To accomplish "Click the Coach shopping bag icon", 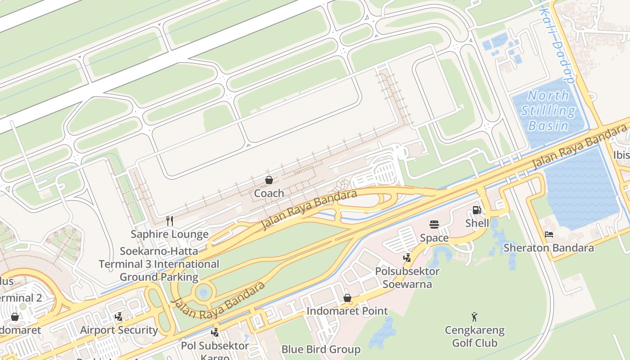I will pos(269,180).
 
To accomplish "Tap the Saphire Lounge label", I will pos(170,234).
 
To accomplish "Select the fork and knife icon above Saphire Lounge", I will pos(170,220).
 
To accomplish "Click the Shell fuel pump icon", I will pos(477,210).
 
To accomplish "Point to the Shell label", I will pos(477,223).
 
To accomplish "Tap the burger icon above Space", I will pos(434,225).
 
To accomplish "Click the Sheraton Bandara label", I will pos(549,247).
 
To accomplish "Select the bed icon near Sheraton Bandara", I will pos(549,234).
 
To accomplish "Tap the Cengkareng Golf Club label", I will pos(475,337).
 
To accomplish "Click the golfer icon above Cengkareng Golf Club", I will pos(474,317).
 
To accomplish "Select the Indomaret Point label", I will pos(347,311).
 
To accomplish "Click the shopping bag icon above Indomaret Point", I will pos(347,298).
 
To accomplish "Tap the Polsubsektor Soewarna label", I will pos(407,278).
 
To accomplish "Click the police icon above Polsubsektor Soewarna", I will pos(407,258).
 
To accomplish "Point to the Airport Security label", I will pos(119,330).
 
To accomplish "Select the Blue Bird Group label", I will pos(321,349).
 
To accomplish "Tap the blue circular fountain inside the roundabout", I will pos(203,293).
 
